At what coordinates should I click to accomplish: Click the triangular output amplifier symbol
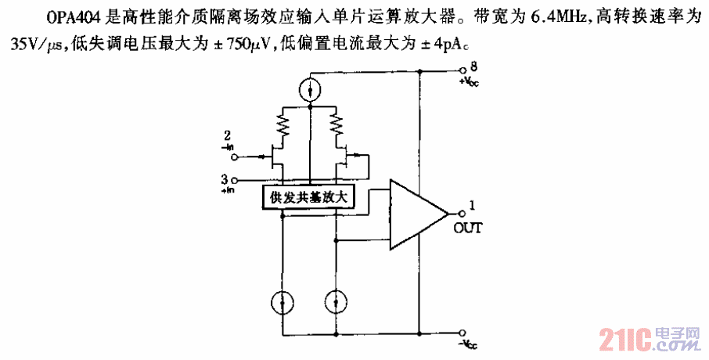coord(415,214)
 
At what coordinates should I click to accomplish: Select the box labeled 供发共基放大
coord(308,198)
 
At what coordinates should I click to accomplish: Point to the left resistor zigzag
coord(282,123)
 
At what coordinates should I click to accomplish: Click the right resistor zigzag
coord(338,123)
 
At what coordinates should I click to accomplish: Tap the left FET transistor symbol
coord(275,159)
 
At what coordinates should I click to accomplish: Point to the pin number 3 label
coord(225,179)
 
